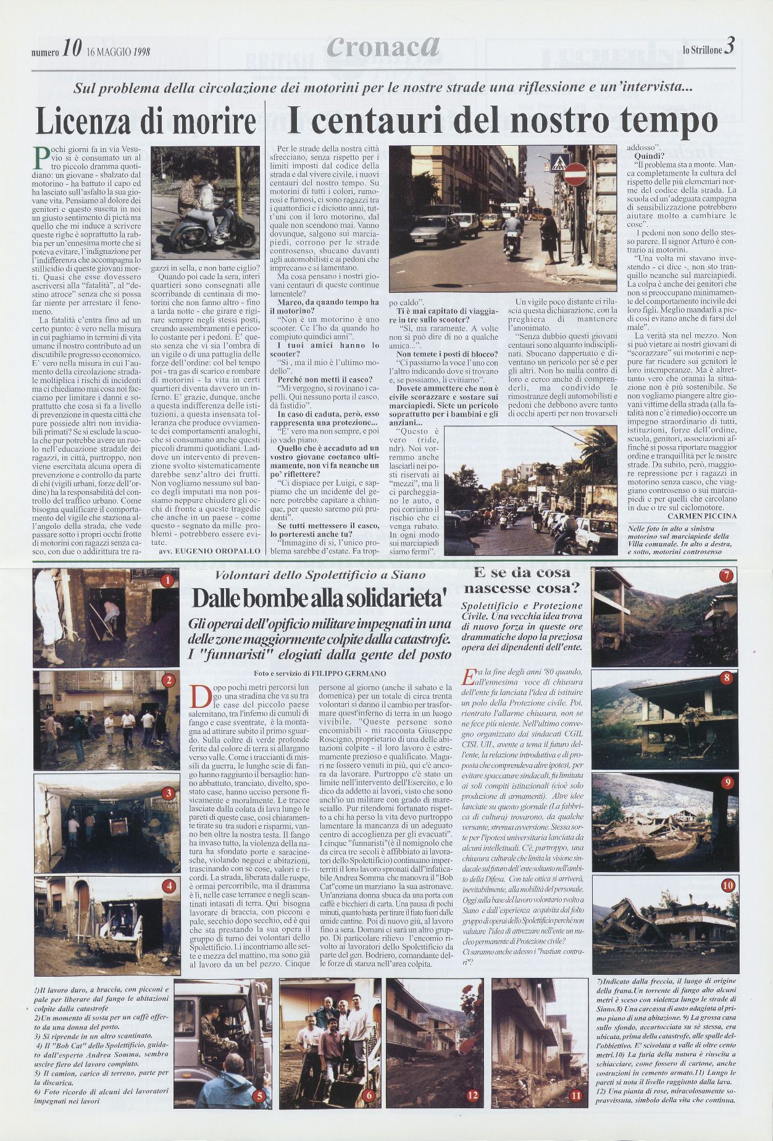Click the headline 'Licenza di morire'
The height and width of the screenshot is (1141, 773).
pyautogui.click(x=146, y=121)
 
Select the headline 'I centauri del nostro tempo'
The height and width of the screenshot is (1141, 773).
pyautogui.click(x=502, y=121)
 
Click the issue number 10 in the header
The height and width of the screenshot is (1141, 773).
pyautogui.click(x=71, y=51)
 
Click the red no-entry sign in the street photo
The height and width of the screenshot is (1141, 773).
pyautogui.click(x=575, y=174)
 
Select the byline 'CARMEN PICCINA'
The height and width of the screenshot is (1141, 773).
pyautogui.click(x=702, y=516)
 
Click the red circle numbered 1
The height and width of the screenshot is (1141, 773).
pyautogui.click(x=166, y=580)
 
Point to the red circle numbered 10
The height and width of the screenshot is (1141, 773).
pyautogui.click(x=728, y=885)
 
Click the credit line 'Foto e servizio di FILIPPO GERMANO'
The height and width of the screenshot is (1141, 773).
pyautogui.click(x=319, y=673)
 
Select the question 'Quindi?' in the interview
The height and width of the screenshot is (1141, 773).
pyautogui.click(x=650, y=156)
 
